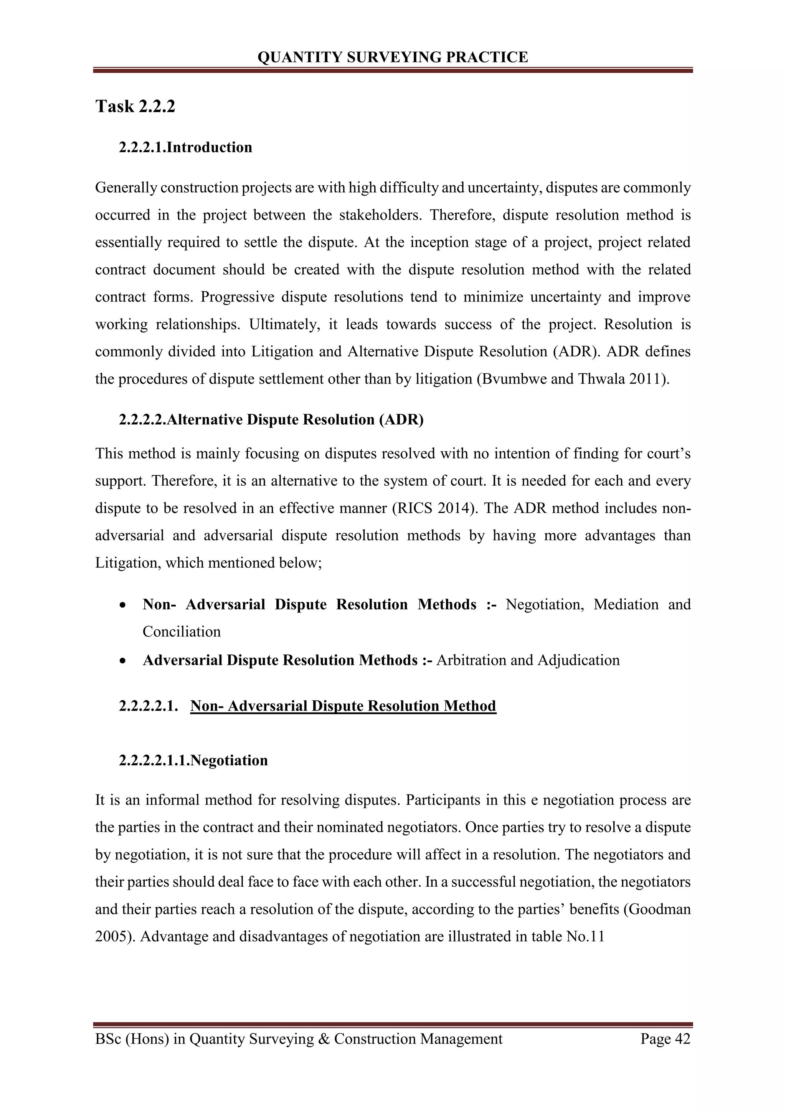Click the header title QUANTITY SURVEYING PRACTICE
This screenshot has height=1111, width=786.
pyautogui.click(x=393, y=57)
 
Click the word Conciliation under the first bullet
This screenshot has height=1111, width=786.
pyautogui.click(x=182, y=631)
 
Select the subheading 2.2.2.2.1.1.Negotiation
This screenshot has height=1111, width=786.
pyautogui.click(x=193, y=760)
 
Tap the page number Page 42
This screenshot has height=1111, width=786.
pyautogui.click(x=665, y=1039)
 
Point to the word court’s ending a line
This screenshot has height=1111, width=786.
pyautogui.click(x=664, y=453)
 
